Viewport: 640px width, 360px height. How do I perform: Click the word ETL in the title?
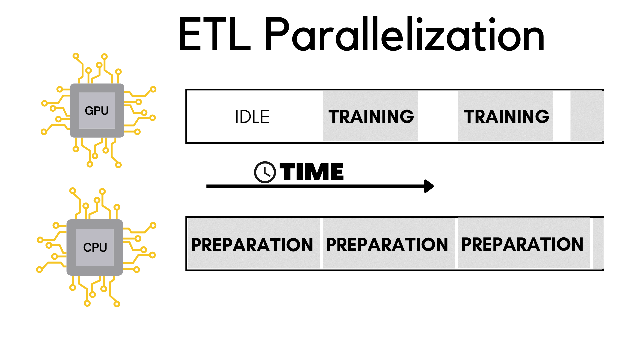[x=214, y=35]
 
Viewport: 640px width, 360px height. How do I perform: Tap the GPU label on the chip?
[x=97, y=111]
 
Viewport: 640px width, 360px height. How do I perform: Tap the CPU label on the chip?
[x=95, y=247]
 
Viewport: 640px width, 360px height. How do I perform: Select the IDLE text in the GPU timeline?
[x=252, y=117]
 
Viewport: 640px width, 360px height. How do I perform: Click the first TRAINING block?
[x=371, y=116]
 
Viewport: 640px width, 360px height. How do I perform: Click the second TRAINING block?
[x=506, y=116]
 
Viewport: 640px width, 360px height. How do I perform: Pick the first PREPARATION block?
[x=253, y=244]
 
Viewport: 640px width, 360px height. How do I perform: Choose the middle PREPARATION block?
[x=388, y=244]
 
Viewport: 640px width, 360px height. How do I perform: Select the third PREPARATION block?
[x=523, y=244]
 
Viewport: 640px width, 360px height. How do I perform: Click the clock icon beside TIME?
[x=265, y=172]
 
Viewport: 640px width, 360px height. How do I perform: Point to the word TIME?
[x=312, y=172]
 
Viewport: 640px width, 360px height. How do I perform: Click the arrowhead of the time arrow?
[x=429, y=186]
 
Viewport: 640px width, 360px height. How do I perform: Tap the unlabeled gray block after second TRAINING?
[x=587, y=116]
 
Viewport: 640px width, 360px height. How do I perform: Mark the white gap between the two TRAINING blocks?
[x=438, y=116]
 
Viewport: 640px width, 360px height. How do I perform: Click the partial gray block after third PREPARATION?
[x=599, y=243]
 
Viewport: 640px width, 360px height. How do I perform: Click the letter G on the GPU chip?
[x=89, y=111]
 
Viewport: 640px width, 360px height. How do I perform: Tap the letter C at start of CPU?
[x=87, y=247]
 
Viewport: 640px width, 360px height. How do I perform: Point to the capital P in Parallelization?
[x=278, y=34]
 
